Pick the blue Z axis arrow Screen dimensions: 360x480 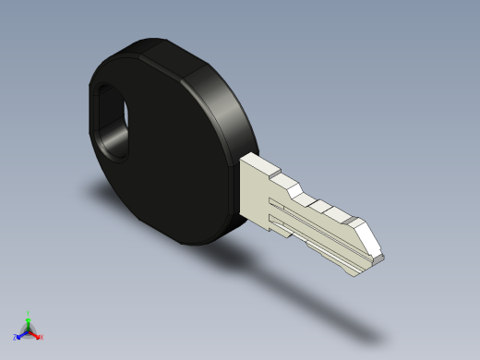[x=19, y=335]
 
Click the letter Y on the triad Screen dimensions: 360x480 [x=29, y=312]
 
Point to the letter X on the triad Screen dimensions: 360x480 [x=42, y=338]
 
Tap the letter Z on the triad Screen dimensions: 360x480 [x=15, y=337]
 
